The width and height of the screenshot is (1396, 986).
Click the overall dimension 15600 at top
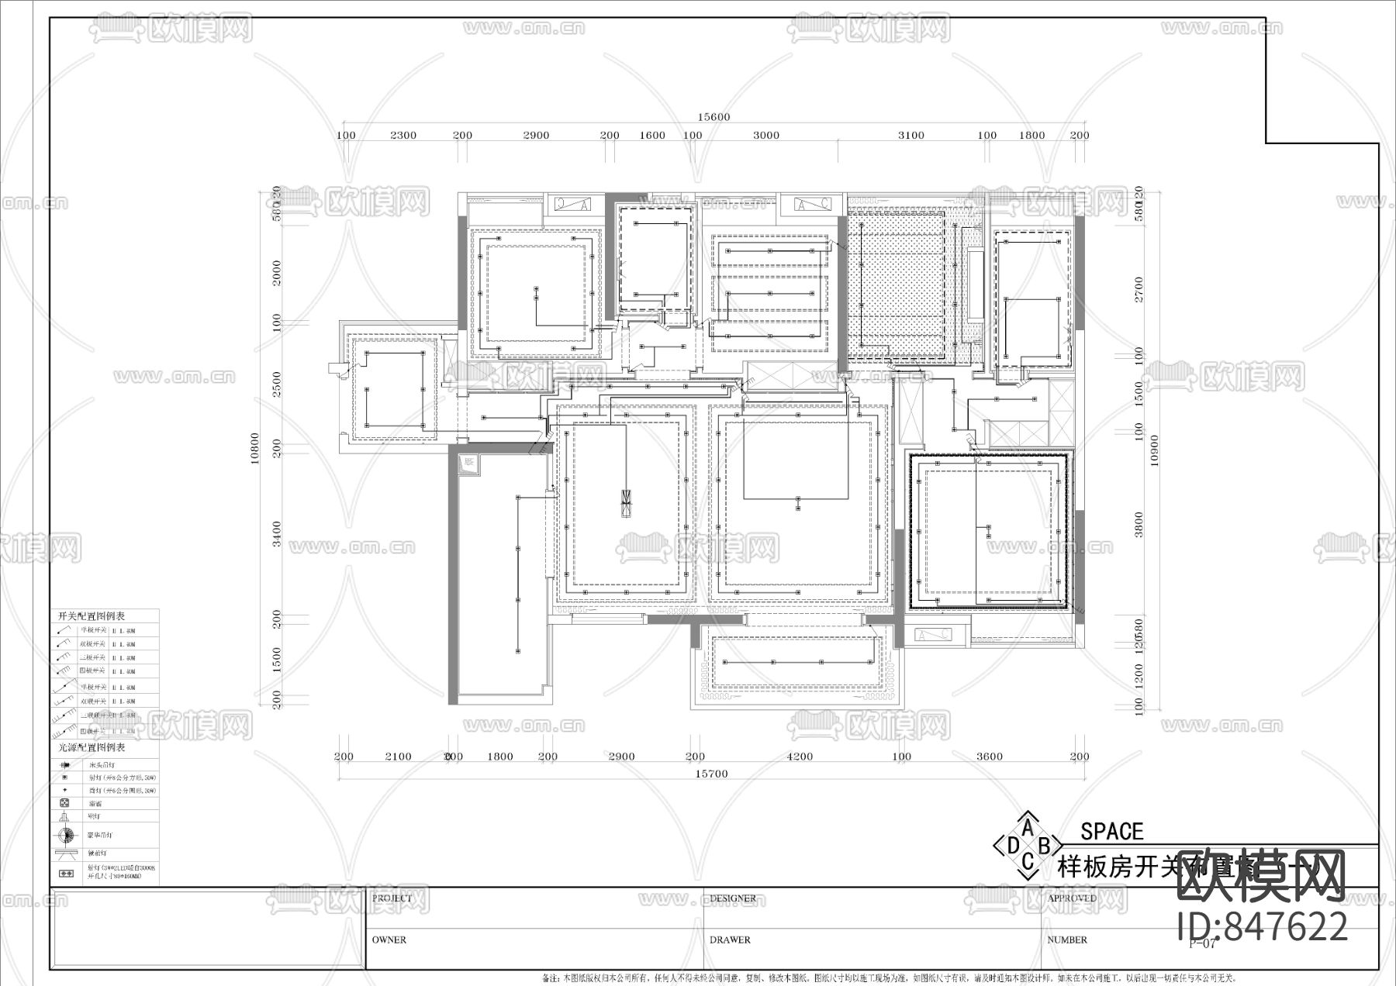tap(714, 117)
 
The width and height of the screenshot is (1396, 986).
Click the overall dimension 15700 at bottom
tap(711, 774)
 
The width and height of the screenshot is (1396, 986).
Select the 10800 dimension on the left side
tap(254, 448)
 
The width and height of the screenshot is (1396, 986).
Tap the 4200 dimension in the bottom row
tap(800, 757)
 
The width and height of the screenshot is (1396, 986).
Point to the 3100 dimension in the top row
tap(911, 135)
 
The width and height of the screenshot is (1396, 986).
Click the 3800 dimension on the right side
tap(1139, 525)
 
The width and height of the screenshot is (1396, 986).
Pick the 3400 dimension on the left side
tap(278, 533)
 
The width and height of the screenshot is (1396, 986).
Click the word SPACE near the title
tap(1111, 832)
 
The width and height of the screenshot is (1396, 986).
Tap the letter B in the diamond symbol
tap(1044, 845)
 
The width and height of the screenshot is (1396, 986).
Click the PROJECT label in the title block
tap(392, 898)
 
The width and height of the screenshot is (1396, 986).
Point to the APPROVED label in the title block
tap(1072, 898)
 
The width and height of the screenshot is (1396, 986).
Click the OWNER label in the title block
tap(389, 939)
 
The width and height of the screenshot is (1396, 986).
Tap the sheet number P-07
tap(1202, 943)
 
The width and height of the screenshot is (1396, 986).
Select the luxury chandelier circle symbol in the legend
tap(66, 835)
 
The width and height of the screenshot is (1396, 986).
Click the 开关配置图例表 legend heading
tap(92, 616)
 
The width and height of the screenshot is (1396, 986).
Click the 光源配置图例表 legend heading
tap(92, 748)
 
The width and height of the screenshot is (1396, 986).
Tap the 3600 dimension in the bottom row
tap(989, 757)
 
